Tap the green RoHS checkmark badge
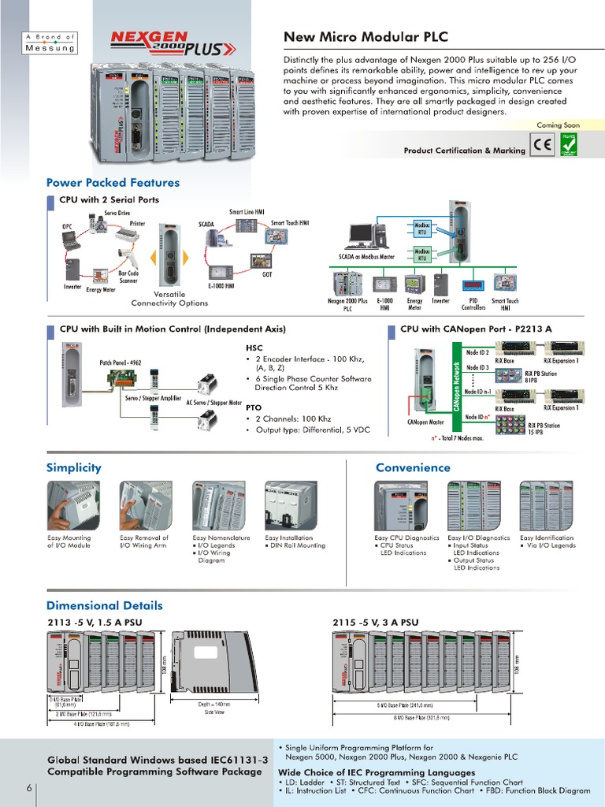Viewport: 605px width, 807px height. click(x=567, y=145)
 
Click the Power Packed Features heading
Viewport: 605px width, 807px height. click(x=113, y=183)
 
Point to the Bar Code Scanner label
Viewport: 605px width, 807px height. click(x=128, y=277)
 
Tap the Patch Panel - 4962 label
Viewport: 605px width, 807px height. click(x=121, y=363)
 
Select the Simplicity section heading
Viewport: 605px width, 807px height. click(x=74, y=467)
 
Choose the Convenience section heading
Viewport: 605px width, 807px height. click(x=413, y=467)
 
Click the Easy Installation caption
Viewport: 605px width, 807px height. click(x=288, y=538)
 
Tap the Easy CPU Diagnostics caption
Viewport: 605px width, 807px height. click(x=406, y=538)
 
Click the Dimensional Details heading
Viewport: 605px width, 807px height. click(x=105, y=606)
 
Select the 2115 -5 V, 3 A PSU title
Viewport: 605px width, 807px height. click(x=376, y=623)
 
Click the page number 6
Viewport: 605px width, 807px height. click(x=29, y=788)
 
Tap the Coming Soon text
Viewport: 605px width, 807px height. click(x=558, y=125)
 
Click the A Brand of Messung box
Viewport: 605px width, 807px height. click(x=50, y=43)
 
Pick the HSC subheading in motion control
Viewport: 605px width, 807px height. click(x=255, y=347)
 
